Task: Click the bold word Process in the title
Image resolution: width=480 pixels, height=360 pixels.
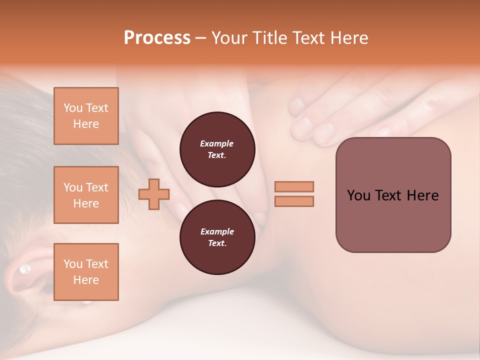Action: tap(157, 38)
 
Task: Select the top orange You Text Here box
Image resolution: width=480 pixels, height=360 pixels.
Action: tap(86, 116)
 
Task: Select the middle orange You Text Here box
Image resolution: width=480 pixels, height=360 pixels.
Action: tap(86, 195)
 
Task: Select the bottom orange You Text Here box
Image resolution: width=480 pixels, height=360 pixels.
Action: tap(86, 272)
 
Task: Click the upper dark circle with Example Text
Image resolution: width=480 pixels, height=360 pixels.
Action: tap(217, 149)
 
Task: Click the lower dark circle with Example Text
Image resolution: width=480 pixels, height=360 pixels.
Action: tap(217, 237)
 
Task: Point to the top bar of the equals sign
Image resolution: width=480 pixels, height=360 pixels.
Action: tap(294, 186)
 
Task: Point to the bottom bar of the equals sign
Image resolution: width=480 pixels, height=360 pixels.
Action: tap(294, 201)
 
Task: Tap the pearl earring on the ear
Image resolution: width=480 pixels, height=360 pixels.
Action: tap(24, 269)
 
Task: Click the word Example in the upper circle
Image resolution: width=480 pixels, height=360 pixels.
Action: tap(217, 143)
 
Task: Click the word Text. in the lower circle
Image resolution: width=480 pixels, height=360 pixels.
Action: tap(217, 243)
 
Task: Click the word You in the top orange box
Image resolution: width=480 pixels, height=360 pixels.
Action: tap(73, 108)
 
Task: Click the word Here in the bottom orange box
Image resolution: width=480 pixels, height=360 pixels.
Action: tap(86, 280)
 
